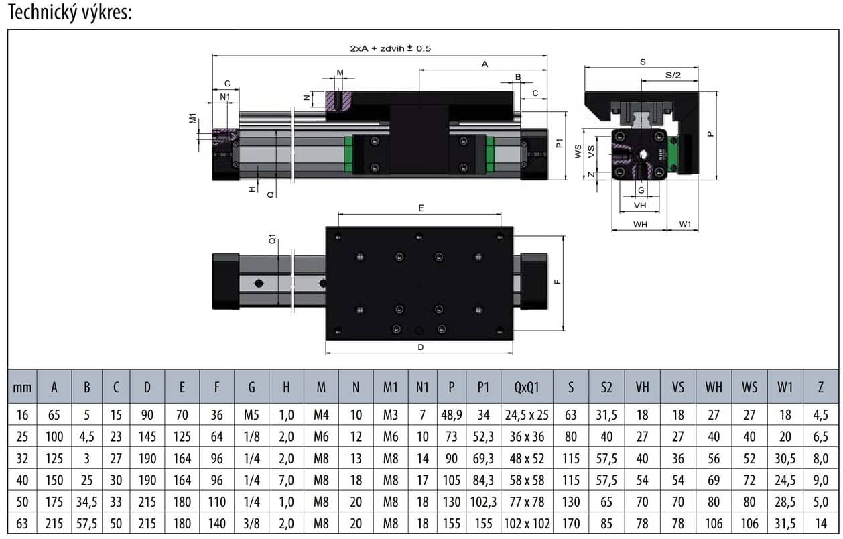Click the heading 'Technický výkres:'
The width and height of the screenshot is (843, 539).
[70, 12]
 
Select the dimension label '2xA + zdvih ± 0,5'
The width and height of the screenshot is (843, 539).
[390, 48]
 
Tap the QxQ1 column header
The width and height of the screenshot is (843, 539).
[527, 387]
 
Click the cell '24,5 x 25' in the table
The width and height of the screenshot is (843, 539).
[527, 415]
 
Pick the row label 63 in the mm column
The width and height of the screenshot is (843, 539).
[22, 523]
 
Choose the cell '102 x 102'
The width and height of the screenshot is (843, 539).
[527, 523]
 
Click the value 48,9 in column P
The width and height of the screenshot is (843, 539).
[451, 415]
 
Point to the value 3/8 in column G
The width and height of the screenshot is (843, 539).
[251, 523]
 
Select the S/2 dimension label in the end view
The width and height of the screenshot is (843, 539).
[673, 75]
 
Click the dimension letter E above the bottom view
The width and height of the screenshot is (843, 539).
[421, 208]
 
